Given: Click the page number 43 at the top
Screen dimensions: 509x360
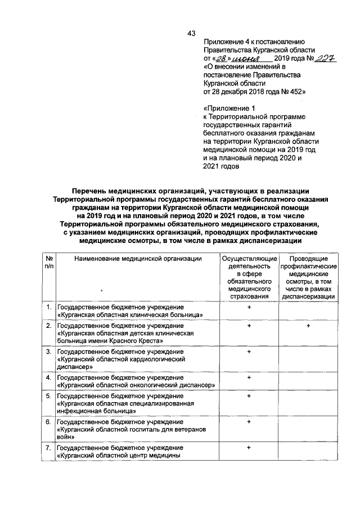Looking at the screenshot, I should tap(191, 33).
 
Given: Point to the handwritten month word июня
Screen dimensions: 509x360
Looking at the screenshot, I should tap(246, 59).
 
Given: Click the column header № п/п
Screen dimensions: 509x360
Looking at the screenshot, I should tap(48, 262).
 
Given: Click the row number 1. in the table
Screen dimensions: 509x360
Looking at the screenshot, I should tap(49, 307).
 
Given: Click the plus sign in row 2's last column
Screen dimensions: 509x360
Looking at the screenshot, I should tap(309, 326).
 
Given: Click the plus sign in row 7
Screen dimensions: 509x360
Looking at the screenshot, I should tap(247, 447).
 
